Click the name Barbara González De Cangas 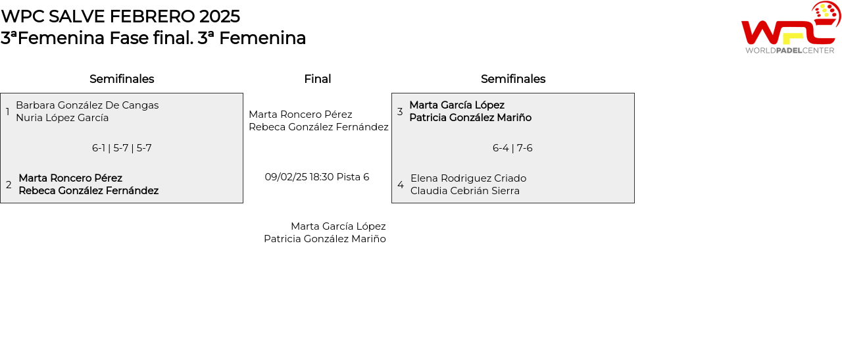(87, 105)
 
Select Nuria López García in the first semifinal (62, 118)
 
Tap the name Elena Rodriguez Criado (468, 178)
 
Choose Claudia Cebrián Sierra (465, 191)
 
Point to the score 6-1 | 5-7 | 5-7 (122, 148)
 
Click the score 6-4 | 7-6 (512, 148)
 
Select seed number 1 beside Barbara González (7, 111)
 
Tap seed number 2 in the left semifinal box (9, 185)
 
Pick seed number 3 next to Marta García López (400, 111)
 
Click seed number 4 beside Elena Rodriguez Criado (401, 185)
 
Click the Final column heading (318, 79)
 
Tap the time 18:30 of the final (322, 177)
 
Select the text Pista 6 (353, 177)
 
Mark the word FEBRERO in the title (152, 16)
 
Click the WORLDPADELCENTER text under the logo (790, 51)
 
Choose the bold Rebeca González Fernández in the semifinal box (89, 191)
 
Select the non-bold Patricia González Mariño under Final (325, 239)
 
